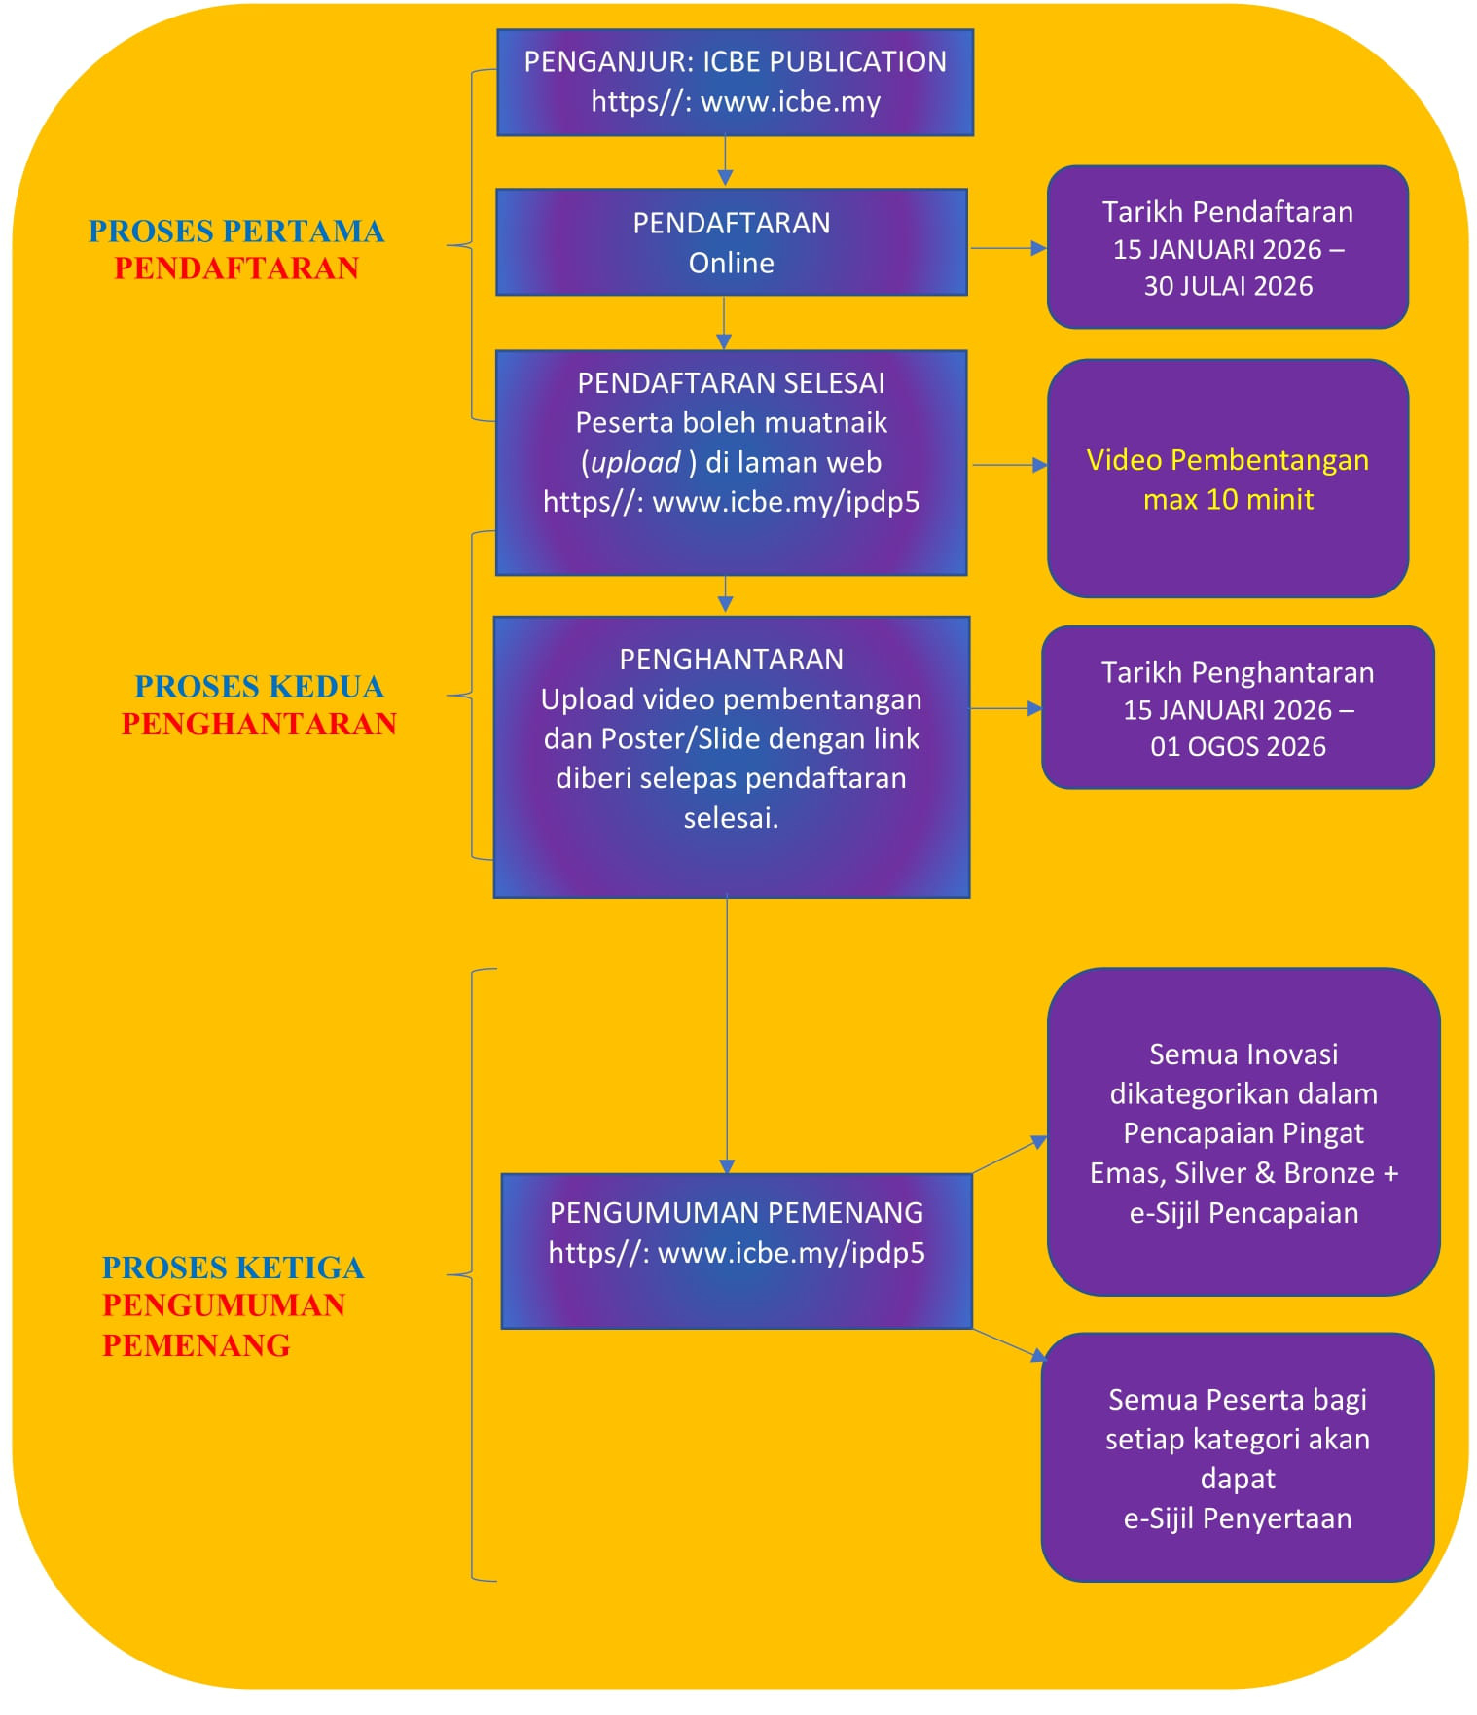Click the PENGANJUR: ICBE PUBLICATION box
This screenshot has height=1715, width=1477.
[x=735, y=82]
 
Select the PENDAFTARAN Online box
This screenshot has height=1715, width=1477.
[x=731, y=242]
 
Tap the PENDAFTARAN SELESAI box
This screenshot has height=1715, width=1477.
[x=731, y=462]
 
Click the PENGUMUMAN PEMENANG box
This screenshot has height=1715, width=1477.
[x=736, y=1250]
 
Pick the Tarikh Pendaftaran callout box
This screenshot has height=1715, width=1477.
[x=1227, y=247]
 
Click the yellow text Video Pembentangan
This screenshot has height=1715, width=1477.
[x=1227, y=460]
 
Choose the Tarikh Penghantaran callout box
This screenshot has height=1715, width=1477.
[x=1237, y=707]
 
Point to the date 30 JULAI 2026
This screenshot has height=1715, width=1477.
[x=1228, y=286]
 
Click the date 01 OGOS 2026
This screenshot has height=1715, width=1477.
[x=1238, y=747]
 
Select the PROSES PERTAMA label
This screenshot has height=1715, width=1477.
[x=236, y=232]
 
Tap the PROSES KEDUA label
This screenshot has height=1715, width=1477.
[x=259, y=687]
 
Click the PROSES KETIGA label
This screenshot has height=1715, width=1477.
[x=233, y=1268]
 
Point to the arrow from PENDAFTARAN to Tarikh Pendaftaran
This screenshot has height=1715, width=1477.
[x=1007, y=249]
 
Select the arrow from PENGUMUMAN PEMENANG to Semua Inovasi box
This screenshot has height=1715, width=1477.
[x=1009, y=1155]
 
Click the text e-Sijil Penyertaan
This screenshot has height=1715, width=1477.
[x=1237, y=1518]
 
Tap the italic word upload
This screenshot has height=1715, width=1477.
[x=635, y=463]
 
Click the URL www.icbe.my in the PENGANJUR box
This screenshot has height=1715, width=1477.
[x=790, y=102]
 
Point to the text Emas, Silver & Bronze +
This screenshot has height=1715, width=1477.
[x=1243, y=1173]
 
